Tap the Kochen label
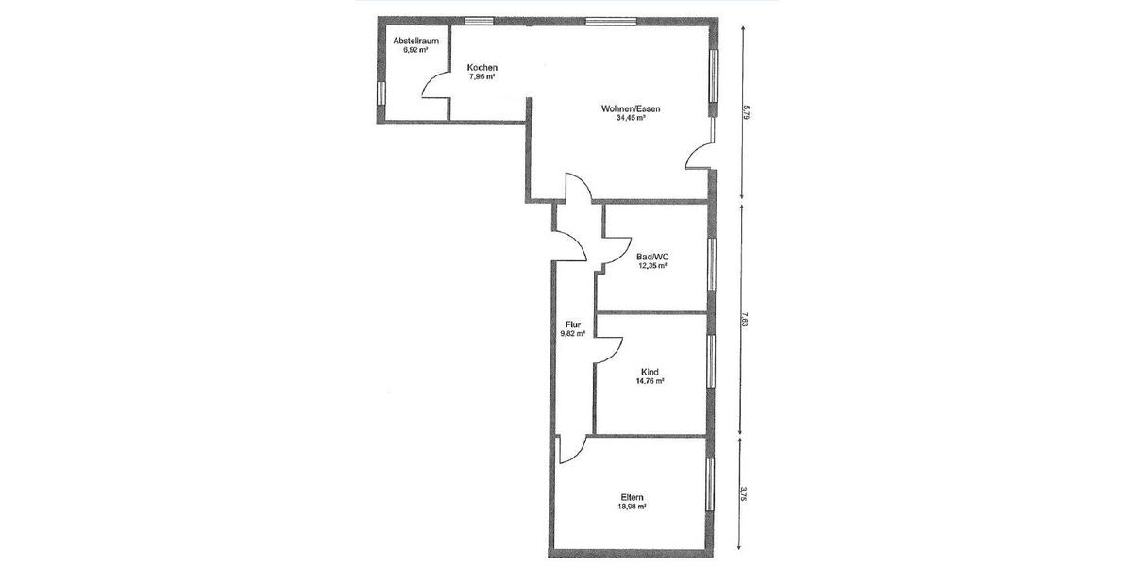(x=482, y=68)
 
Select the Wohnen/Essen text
(x=630, y=109)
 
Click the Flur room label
(x=572, y=324)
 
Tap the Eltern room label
(x=633, y=497)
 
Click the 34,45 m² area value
(x=630, y=119)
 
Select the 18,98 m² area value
(x=633, y=507)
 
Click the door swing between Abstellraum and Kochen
(x=435, y=85)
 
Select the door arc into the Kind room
(x=608, y=348)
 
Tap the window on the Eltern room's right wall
(x=709, y=485)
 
